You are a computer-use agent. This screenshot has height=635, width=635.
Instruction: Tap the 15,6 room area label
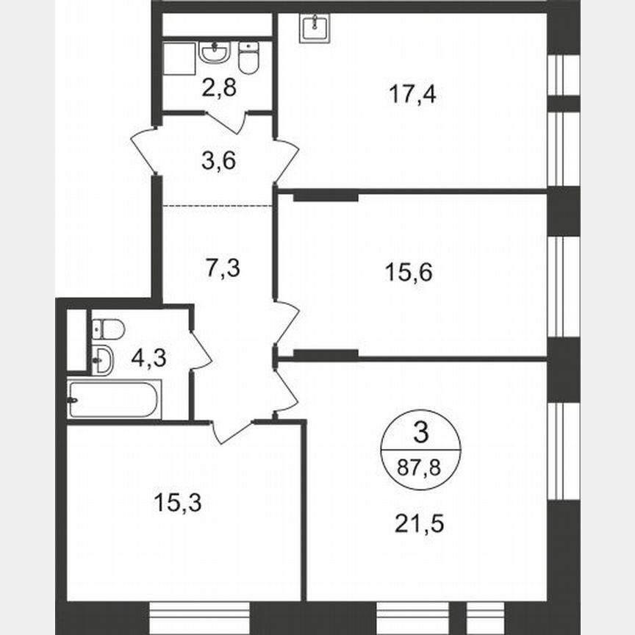coord(409,273)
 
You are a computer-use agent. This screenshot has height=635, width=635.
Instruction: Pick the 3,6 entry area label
coord(218,159)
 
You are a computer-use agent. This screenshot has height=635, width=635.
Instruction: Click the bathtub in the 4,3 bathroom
coord(115,399)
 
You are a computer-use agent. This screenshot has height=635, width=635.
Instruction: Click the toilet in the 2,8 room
coord(250,57)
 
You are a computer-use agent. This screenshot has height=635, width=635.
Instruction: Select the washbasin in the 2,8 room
coord(215,53)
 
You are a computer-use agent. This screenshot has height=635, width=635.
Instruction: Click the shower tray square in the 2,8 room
coord(177,59)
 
